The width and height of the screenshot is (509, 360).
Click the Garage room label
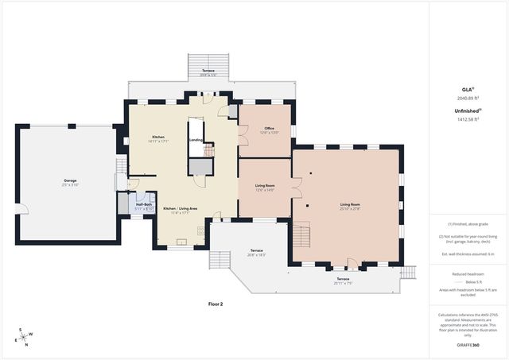tap(70, 182)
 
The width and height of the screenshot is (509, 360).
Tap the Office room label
tap(270, 130)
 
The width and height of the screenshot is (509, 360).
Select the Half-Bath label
tap(144, 207)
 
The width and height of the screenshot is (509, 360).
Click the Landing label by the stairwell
tap(196, 140)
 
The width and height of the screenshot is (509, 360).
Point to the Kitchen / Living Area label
tap(181, 210)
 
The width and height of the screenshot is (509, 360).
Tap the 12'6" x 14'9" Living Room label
tap(265, 188)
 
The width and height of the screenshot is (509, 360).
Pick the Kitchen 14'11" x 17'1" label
tap(158, 138)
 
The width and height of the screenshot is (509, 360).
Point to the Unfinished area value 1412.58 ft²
tap(468, 120)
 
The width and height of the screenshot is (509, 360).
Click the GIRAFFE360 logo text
tap(468, 346)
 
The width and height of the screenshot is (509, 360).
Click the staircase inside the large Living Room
tap(301, 236)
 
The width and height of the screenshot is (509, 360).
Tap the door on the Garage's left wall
tap(21, 210)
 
